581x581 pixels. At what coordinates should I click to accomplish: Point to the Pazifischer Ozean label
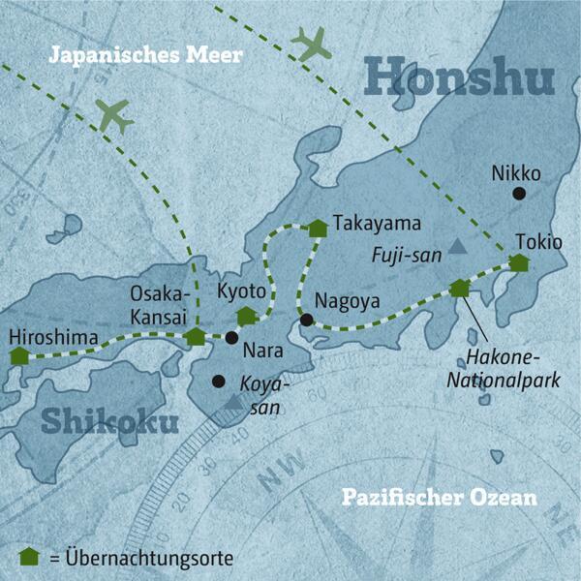click(439, 499)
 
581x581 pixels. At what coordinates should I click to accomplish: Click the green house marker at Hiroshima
click(18, 355)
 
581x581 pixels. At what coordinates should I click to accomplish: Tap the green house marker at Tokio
click(519, 262)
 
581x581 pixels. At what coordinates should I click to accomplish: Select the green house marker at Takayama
click(318, 229)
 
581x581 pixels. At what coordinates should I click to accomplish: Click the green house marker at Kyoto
click(247, 315)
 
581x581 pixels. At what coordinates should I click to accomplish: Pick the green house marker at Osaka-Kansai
click(196, 336)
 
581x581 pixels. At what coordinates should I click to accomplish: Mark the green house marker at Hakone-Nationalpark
click(459, 288)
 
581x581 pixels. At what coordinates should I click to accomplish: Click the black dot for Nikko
click(518, 194)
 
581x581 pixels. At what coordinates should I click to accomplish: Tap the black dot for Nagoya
click(306, 320)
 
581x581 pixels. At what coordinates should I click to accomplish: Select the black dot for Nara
click(231, 338)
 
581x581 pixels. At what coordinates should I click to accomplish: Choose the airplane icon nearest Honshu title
click(311, 44)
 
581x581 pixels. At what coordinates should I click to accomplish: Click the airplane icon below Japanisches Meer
click(114, 115)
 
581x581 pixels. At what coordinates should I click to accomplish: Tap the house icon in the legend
click(28, 556)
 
